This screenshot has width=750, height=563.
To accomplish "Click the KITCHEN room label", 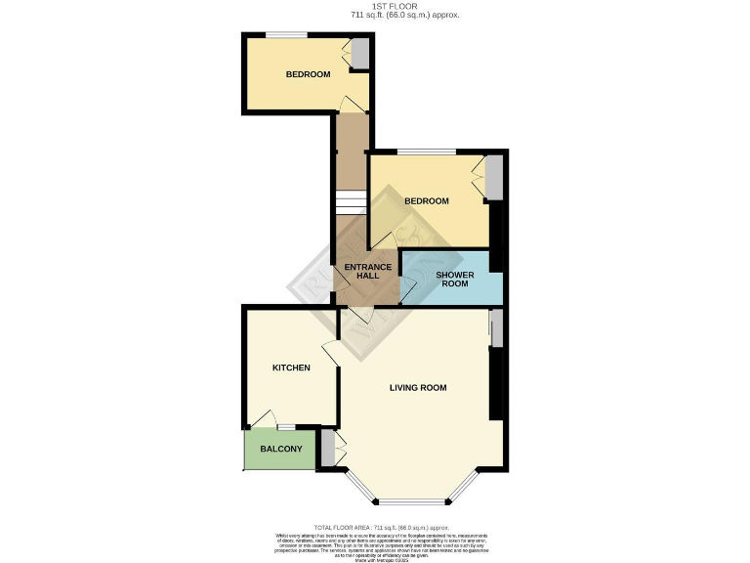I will pos(291,368).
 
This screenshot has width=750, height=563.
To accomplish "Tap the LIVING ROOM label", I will pos(418,388).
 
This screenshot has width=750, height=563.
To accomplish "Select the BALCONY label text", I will pos(280,450).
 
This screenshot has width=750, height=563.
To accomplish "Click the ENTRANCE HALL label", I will pos(367,271).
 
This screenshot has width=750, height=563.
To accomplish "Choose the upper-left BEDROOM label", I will pos(308,74).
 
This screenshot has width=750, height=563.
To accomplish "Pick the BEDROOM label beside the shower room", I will pos(427,201).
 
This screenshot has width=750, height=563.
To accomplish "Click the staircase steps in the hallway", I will pos(350,202).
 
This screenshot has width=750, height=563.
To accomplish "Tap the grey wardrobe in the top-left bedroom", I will pos(361,54).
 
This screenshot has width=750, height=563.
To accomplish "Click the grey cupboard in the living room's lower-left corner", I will pos(328,449).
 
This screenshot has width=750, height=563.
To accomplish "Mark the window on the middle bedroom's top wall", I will pos(426,152).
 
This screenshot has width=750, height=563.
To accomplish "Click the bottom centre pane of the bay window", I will pos(411,502).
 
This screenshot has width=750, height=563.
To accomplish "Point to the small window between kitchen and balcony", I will pos(286,427).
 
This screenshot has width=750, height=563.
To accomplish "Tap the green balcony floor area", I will pos(280,459).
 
